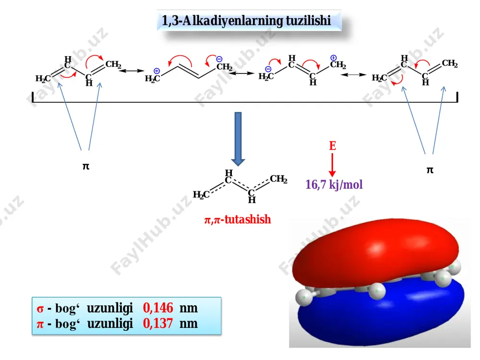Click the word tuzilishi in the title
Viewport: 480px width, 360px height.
[x=308, y=21]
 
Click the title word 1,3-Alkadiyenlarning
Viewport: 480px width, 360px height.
[x=222, y=21]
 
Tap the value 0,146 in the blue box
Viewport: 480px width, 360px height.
[x=158, y=308]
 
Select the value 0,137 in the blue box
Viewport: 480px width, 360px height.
[x=158, y=324]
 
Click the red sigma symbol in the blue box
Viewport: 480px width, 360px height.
[x=40, y=309]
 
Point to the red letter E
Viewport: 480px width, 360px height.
[x=333, y=146]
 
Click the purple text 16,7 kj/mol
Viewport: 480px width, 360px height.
[x=334, y=185]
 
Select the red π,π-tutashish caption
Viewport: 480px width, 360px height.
[x=238, y=219]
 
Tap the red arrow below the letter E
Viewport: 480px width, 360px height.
[x=332, y=165]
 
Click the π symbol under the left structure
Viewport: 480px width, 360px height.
[x=86, y=166]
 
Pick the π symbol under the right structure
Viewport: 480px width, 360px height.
[x=430, y=170]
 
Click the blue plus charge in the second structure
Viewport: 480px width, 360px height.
[x=157, y=71]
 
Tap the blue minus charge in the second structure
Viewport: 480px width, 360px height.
[x=219, y=59]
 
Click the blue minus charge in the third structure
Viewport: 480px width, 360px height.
[x=268, y=69]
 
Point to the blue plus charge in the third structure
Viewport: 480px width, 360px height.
[x=334, y=58]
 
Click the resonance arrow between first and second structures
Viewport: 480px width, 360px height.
[x=132, y=71]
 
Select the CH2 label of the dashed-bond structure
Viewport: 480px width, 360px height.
[x=278, y=179]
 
